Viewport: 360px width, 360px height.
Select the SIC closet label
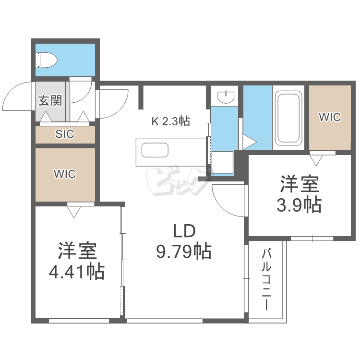[65, 134]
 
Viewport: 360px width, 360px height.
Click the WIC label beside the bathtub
[330, 117]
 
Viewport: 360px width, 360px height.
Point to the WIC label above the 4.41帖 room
[65, 174]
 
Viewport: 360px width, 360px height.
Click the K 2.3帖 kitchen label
[171, 121]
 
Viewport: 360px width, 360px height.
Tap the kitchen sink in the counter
[155, 150]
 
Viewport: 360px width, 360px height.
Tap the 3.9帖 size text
[299, 205]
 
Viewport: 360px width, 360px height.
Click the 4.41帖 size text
[77, 272]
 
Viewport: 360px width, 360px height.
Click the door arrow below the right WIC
[316, 159]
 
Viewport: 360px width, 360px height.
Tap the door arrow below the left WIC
[73, 211]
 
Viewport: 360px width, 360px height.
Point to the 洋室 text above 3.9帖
[300, 184]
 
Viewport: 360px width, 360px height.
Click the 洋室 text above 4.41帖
[77, 251]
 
